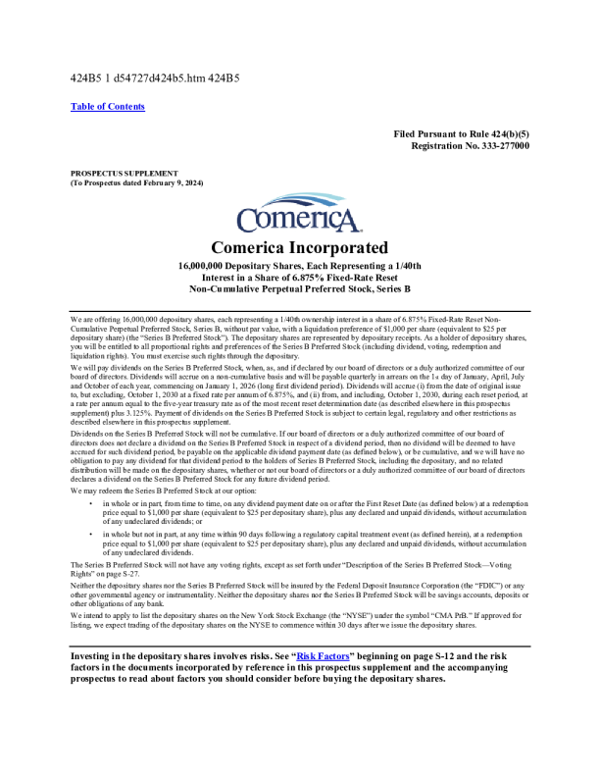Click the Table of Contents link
pos(108,107)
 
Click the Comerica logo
pos(299,217)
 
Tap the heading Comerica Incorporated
pos(299,248)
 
